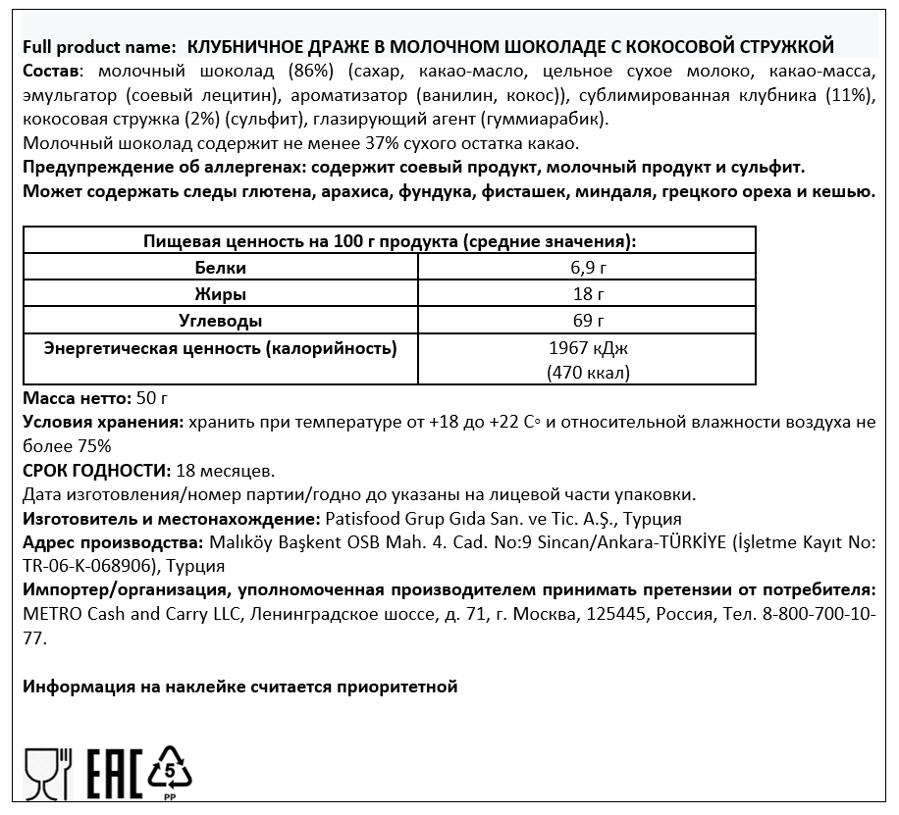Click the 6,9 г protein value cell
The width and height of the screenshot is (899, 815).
(x=587, y=268)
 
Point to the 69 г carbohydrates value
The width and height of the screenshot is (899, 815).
(x=587, y=321)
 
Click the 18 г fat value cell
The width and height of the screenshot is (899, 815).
(x=587, y=294)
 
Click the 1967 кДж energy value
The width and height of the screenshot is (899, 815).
(x=587, y=348)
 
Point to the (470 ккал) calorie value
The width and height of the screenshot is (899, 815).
(x=587, y=373)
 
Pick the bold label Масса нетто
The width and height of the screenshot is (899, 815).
(x=75, y=399)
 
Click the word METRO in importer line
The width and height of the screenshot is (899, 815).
(x=48, y=614)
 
